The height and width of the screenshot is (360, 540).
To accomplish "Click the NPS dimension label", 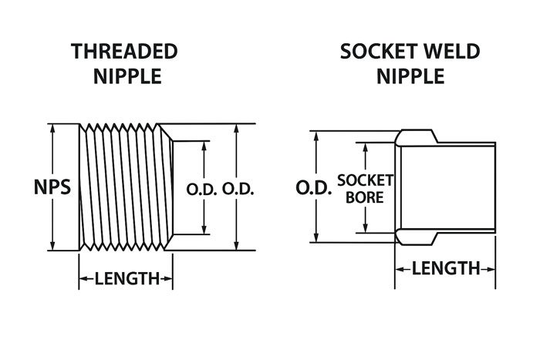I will (x=51, y=187).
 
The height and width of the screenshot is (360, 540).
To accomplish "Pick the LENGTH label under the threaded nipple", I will (x=126, y=279).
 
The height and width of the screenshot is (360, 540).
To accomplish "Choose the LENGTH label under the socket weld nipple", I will (x=445, y=268).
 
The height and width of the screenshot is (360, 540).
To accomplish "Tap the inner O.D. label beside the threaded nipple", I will (x=204, y=187).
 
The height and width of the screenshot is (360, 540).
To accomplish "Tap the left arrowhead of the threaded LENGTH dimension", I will (x=82, y=279).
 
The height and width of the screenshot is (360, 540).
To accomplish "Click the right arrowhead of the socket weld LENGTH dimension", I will (x=491, y=268).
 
